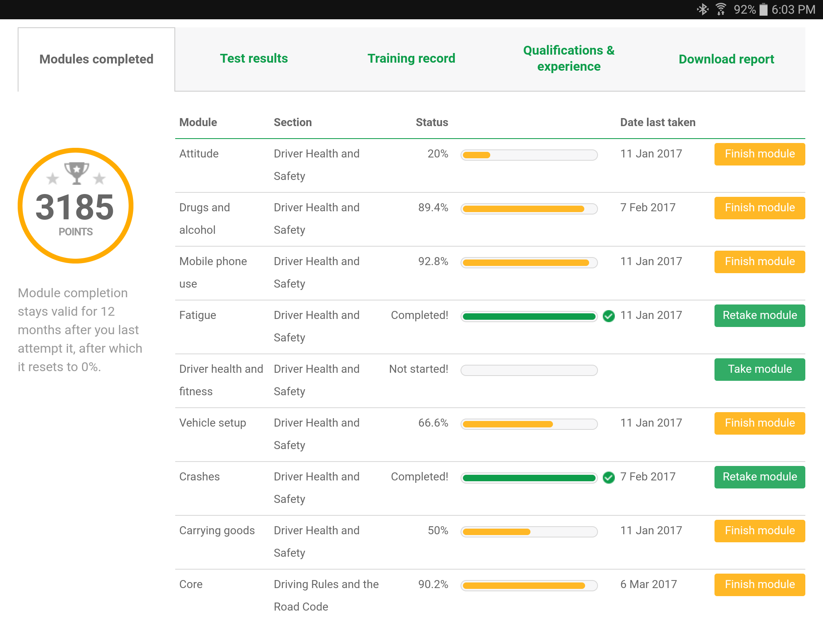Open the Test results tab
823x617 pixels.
(254, 59)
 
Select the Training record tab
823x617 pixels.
(411, 59)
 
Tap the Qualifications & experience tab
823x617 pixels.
(569, 59)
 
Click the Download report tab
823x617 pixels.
(726, 59)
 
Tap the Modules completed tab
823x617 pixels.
(96, 59)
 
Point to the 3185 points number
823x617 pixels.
(75, 207)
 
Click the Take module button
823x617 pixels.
(760, 369)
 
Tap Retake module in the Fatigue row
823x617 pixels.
(760, 315)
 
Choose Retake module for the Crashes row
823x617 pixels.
(760, 477)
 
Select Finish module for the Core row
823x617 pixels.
(760, 584)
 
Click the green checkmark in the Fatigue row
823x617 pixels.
(609, 316)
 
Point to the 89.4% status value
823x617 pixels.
(433, 208)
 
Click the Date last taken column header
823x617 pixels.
(657, 123)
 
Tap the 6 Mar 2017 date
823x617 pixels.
(648, 584)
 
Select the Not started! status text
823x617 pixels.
(418, 369)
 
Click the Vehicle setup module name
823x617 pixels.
(213, 423)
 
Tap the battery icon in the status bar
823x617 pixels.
(763, 10)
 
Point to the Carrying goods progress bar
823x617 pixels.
(529, 532)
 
